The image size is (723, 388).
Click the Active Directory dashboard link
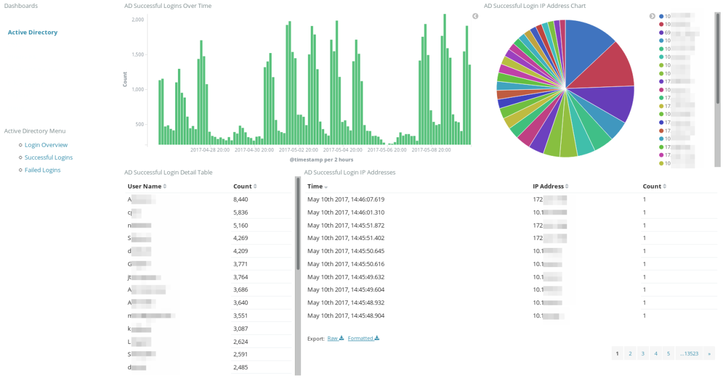pyautogui.click(x=33, y=33)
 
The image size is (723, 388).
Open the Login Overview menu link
pyautogui.click(x=46, y=145)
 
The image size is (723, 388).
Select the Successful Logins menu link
pyautogui.click(x=49, y=158)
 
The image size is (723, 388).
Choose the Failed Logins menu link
pyautogui.click(x=42, y=170)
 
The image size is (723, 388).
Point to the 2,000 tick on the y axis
pyautogui.click(x=138, y=20)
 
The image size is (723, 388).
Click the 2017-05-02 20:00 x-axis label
pyautogui.click(x=298, y=150)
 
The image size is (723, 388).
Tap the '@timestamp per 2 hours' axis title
pyautogui.click(x=321, y=160)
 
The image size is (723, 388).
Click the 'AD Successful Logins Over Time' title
pyautogui.click(x=168, y=6)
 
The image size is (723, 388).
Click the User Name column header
pyautogui.click(x=144, y=186)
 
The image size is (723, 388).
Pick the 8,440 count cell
pyautogui.click(x=241, y=199)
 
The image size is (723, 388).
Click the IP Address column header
pyautogui.click(x=548, y=186)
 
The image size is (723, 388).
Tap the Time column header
pyautogui.click(x=315, y=186)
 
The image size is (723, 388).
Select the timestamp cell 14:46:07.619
pyautogui.click(x=346, y=199)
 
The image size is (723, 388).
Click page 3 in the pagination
pyautogui.click(x=643, y=354)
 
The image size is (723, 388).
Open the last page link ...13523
pyautogui.click(x=689, y=354)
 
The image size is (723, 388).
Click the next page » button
pyautogui.click(x=709, y=354)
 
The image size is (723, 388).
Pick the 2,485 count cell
pyautogui.click(x=241, y=368)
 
